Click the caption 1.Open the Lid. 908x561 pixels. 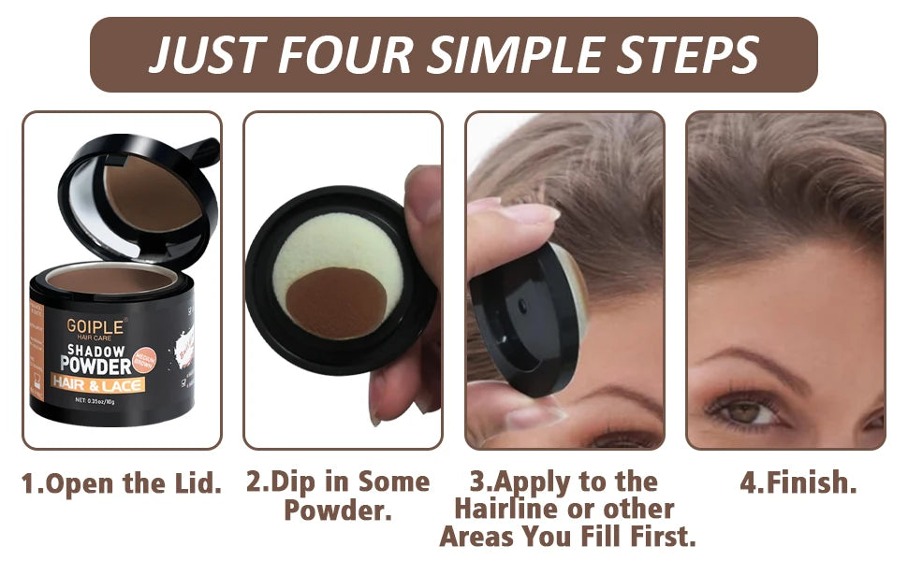122,484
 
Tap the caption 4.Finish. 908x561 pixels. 798,484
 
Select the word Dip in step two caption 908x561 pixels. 291,483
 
